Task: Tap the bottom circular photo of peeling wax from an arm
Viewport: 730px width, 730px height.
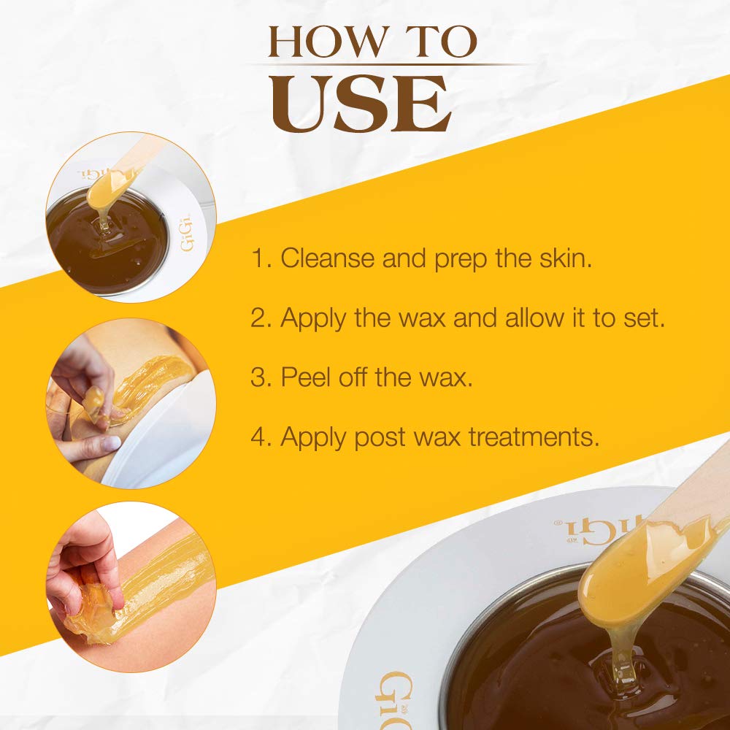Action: [131, 586]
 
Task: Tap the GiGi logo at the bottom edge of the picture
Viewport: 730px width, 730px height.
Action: [395, 701]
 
